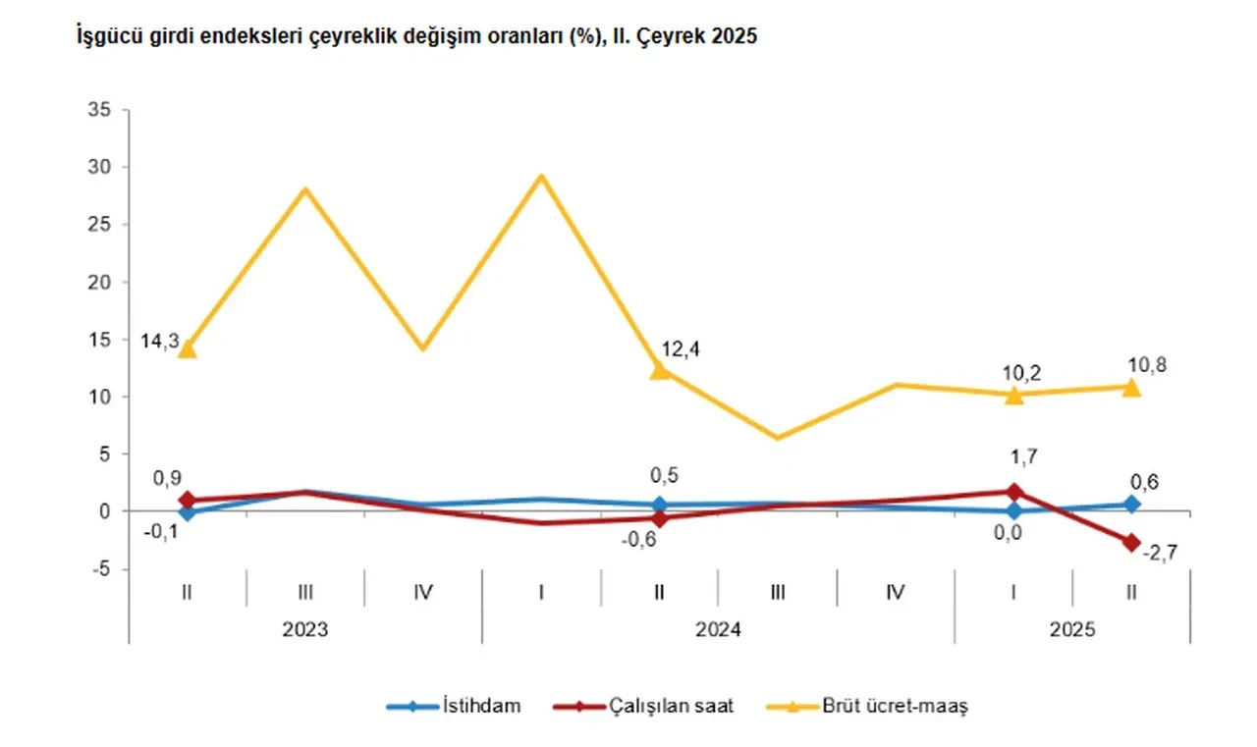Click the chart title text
click(x=416, y=38)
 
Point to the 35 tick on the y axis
click(x=100, y=110)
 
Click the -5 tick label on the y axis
click(x=103, y=569)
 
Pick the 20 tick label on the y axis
click(x=100, y=282)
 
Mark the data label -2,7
click(x=1160, y=554)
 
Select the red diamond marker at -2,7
click(x=1131, y=542)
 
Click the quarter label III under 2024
click(x=777, y=592)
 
